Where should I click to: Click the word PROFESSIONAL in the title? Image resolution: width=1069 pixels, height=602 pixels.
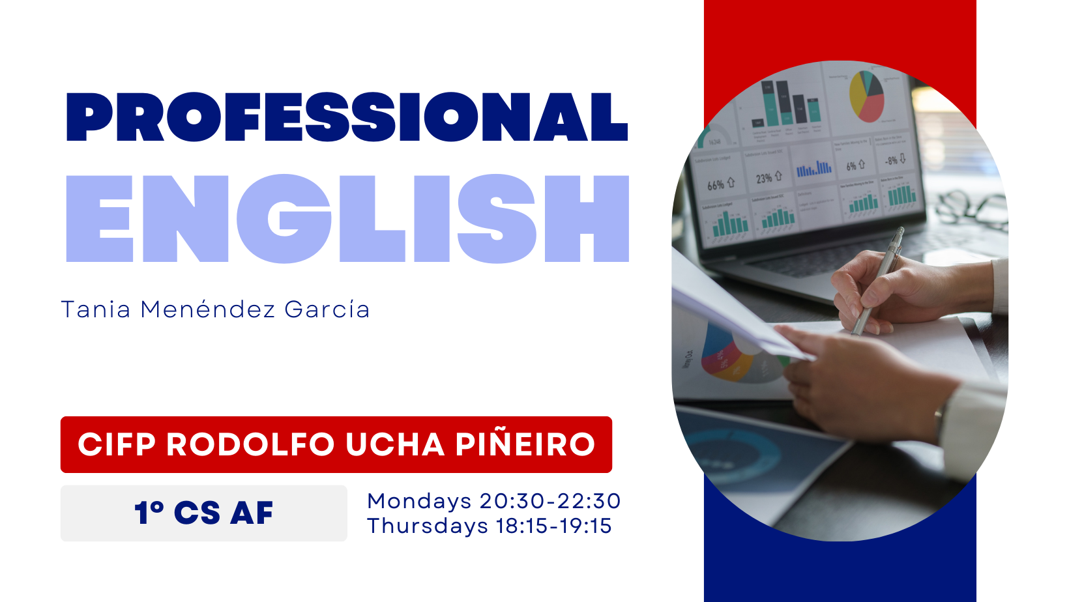pos(347,117)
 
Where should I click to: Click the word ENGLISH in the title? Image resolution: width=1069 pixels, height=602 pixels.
pos(347,218)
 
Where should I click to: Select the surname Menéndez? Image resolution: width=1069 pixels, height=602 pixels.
pos(208,309)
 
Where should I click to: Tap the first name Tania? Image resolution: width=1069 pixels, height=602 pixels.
pos(96,309)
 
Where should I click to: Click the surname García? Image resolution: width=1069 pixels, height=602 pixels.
pos(327,309)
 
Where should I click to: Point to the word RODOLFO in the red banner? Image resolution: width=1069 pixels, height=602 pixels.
pos(250,444)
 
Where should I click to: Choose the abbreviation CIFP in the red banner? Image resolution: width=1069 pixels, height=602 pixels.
pos(117,444)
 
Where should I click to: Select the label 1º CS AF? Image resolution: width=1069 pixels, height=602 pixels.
pos(204,513)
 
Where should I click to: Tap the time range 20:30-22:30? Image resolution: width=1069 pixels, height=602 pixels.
pos(550,501)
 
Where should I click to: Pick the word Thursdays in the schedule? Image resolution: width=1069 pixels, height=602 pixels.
pos(428,526)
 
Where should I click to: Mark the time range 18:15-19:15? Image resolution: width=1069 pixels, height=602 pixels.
pos(554,526)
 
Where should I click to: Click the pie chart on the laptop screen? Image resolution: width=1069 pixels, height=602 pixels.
pos(867,96)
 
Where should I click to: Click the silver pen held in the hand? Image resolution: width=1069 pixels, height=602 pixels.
pos(878,281)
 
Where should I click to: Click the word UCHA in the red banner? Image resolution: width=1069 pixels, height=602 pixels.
pos(395,444)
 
